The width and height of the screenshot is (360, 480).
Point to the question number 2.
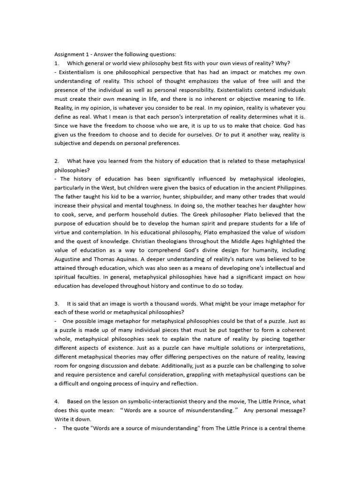point(57,161)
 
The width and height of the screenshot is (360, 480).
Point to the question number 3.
point(57,304)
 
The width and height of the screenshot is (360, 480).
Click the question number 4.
point(57,401)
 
